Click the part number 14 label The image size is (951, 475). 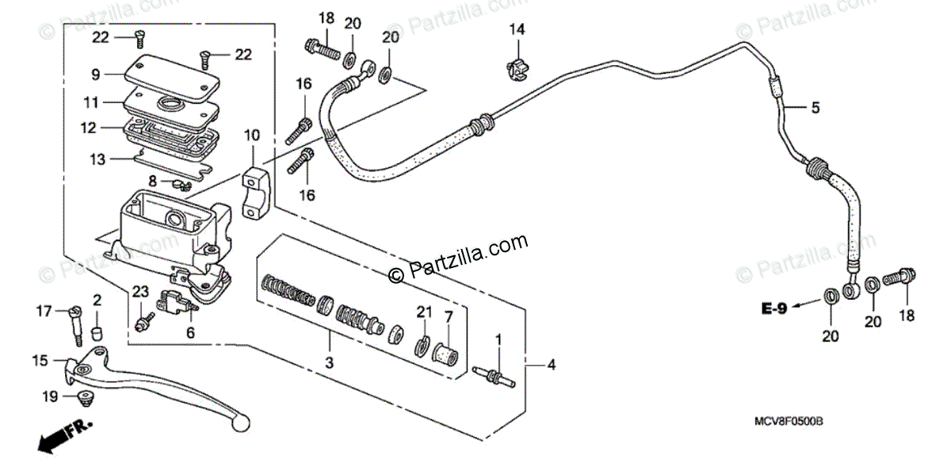517,30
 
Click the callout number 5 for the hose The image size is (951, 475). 815,108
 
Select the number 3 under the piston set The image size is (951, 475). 330,362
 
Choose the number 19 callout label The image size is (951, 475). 50,396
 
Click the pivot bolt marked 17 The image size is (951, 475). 77,324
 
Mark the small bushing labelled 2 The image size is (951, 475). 97,329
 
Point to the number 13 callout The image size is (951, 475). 96,159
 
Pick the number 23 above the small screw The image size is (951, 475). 140,292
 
